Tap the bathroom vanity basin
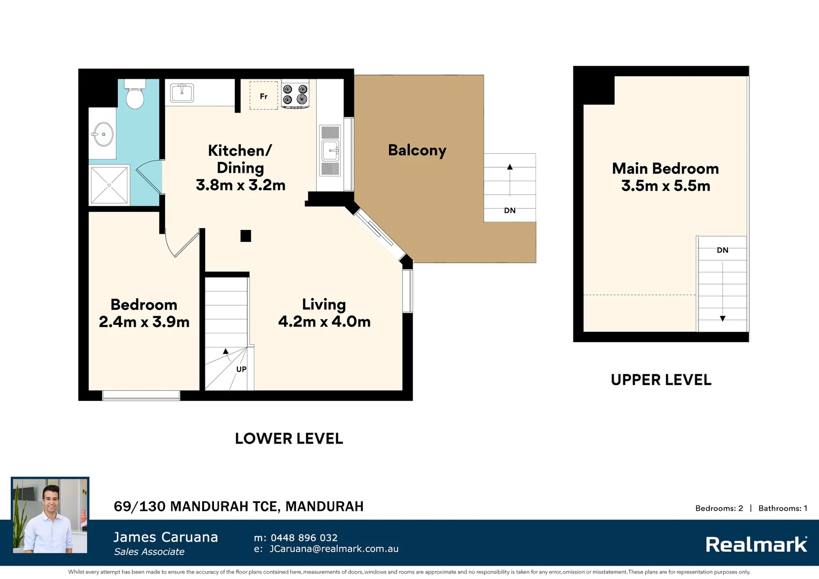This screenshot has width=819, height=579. pos(102,134)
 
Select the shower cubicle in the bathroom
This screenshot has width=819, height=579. pos(109,185)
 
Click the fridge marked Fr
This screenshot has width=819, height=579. pos(264,96)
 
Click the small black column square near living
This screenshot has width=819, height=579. pos(245,236)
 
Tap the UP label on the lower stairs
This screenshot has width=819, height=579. pos(241,369)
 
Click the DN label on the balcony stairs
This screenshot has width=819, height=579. pos(510,210)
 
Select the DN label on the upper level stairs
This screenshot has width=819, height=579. pos(722,250)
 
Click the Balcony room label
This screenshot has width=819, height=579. pos(417,151)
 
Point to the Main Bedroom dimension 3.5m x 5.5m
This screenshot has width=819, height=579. pos(665,186)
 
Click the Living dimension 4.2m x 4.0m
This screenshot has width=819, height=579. pos(324,322)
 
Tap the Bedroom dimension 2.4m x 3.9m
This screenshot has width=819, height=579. pos(144,322)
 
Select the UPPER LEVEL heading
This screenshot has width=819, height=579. pos(661,380)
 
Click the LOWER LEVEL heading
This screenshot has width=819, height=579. pos(289,439)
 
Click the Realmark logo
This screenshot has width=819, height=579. pos(756,545)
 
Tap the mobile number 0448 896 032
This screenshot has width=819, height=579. pos(304,538)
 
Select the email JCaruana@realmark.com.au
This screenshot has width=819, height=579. pos(333,549)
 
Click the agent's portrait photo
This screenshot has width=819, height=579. pos(50,516)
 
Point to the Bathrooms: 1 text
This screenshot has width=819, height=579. pos(783,508)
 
